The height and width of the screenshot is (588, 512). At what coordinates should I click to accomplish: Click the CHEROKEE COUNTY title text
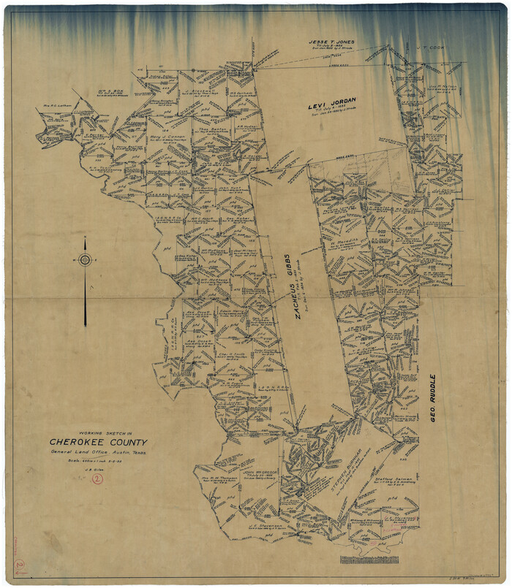click(x=98, y=443)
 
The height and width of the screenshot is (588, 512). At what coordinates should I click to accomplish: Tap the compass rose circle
click(x=86, y=260)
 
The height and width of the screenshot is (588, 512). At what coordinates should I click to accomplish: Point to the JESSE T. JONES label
click(x=331, y=42)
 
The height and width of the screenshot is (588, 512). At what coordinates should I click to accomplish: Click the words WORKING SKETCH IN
click(x=97, y=431)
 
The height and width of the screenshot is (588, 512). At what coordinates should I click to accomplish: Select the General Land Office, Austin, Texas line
click(x=97, y=454)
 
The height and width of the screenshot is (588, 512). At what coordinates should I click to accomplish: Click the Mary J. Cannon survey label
click(x=169, y=137)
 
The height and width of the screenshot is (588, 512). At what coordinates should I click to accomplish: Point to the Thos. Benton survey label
click(x=211, y=128)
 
